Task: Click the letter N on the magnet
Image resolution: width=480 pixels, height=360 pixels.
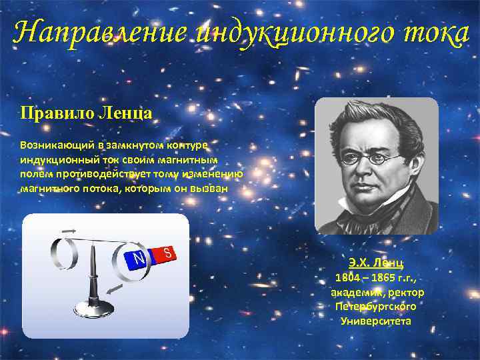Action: tap(139, 257)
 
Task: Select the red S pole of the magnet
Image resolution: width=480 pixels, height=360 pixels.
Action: tap(167, 253)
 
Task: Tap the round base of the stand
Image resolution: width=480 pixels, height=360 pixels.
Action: tap(94, 308)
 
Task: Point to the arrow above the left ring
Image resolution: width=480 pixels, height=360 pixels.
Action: tap(69, 230)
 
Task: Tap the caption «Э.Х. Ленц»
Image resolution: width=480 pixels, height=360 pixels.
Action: tap(377, 263)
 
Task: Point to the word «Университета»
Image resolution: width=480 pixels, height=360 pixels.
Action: tap(376, 321)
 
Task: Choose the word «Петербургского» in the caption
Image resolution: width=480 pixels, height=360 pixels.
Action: tap(377, 307)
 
